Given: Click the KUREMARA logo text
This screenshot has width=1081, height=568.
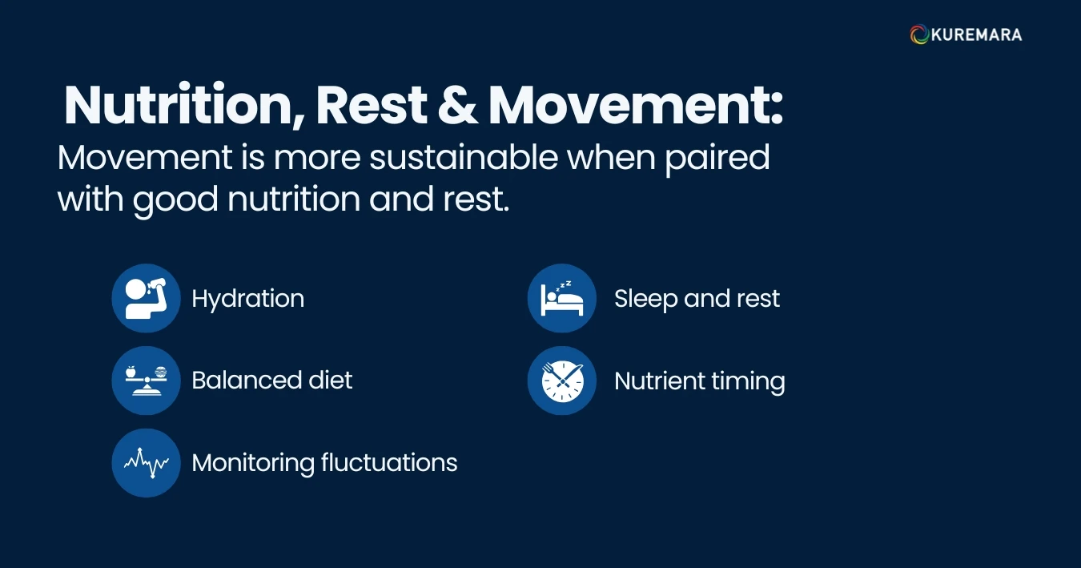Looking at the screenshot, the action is tap(976, 34).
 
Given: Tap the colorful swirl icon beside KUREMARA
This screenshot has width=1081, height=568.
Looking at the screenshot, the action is tap(919, 34).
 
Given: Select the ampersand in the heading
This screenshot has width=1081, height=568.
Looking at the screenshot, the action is tap(457, 105).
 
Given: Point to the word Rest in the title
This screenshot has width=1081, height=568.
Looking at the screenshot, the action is tap(371, 105).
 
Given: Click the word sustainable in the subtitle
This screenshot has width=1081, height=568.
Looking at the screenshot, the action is tap(464, 158).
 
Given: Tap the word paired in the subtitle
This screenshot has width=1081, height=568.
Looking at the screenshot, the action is tap(717, 159).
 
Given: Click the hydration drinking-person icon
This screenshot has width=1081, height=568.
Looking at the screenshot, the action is tap(146, 298).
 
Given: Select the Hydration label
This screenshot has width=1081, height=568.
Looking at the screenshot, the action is tap(248, 299).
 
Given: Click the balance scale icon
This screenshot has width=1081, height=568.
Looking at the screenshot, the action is tap(146, 381).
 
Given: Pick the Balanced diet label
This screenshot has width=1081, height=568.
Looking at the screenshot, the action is tap(272, 380).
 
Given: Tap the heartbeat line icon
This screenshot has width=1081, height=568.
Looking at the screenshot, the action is tap(146, 463).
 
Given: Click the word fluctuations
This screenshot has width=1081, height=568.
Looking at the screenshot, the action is tap(389, 463).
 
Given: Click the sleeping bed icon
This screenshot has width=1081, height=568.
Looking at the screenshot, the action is tap(562, 298).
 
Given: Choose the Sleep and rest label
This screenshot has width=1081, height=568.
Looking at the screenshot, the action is tap(697, 299).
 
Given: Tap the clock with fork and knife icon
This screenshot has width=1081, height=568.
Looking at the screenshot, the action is tap(562, 381).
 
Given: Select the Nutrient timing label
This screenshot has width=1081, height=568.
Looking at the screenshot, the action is tap(700, 381).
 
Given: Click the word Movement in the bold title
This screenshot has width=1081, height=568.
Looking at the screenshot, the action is tap(636, 105).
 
